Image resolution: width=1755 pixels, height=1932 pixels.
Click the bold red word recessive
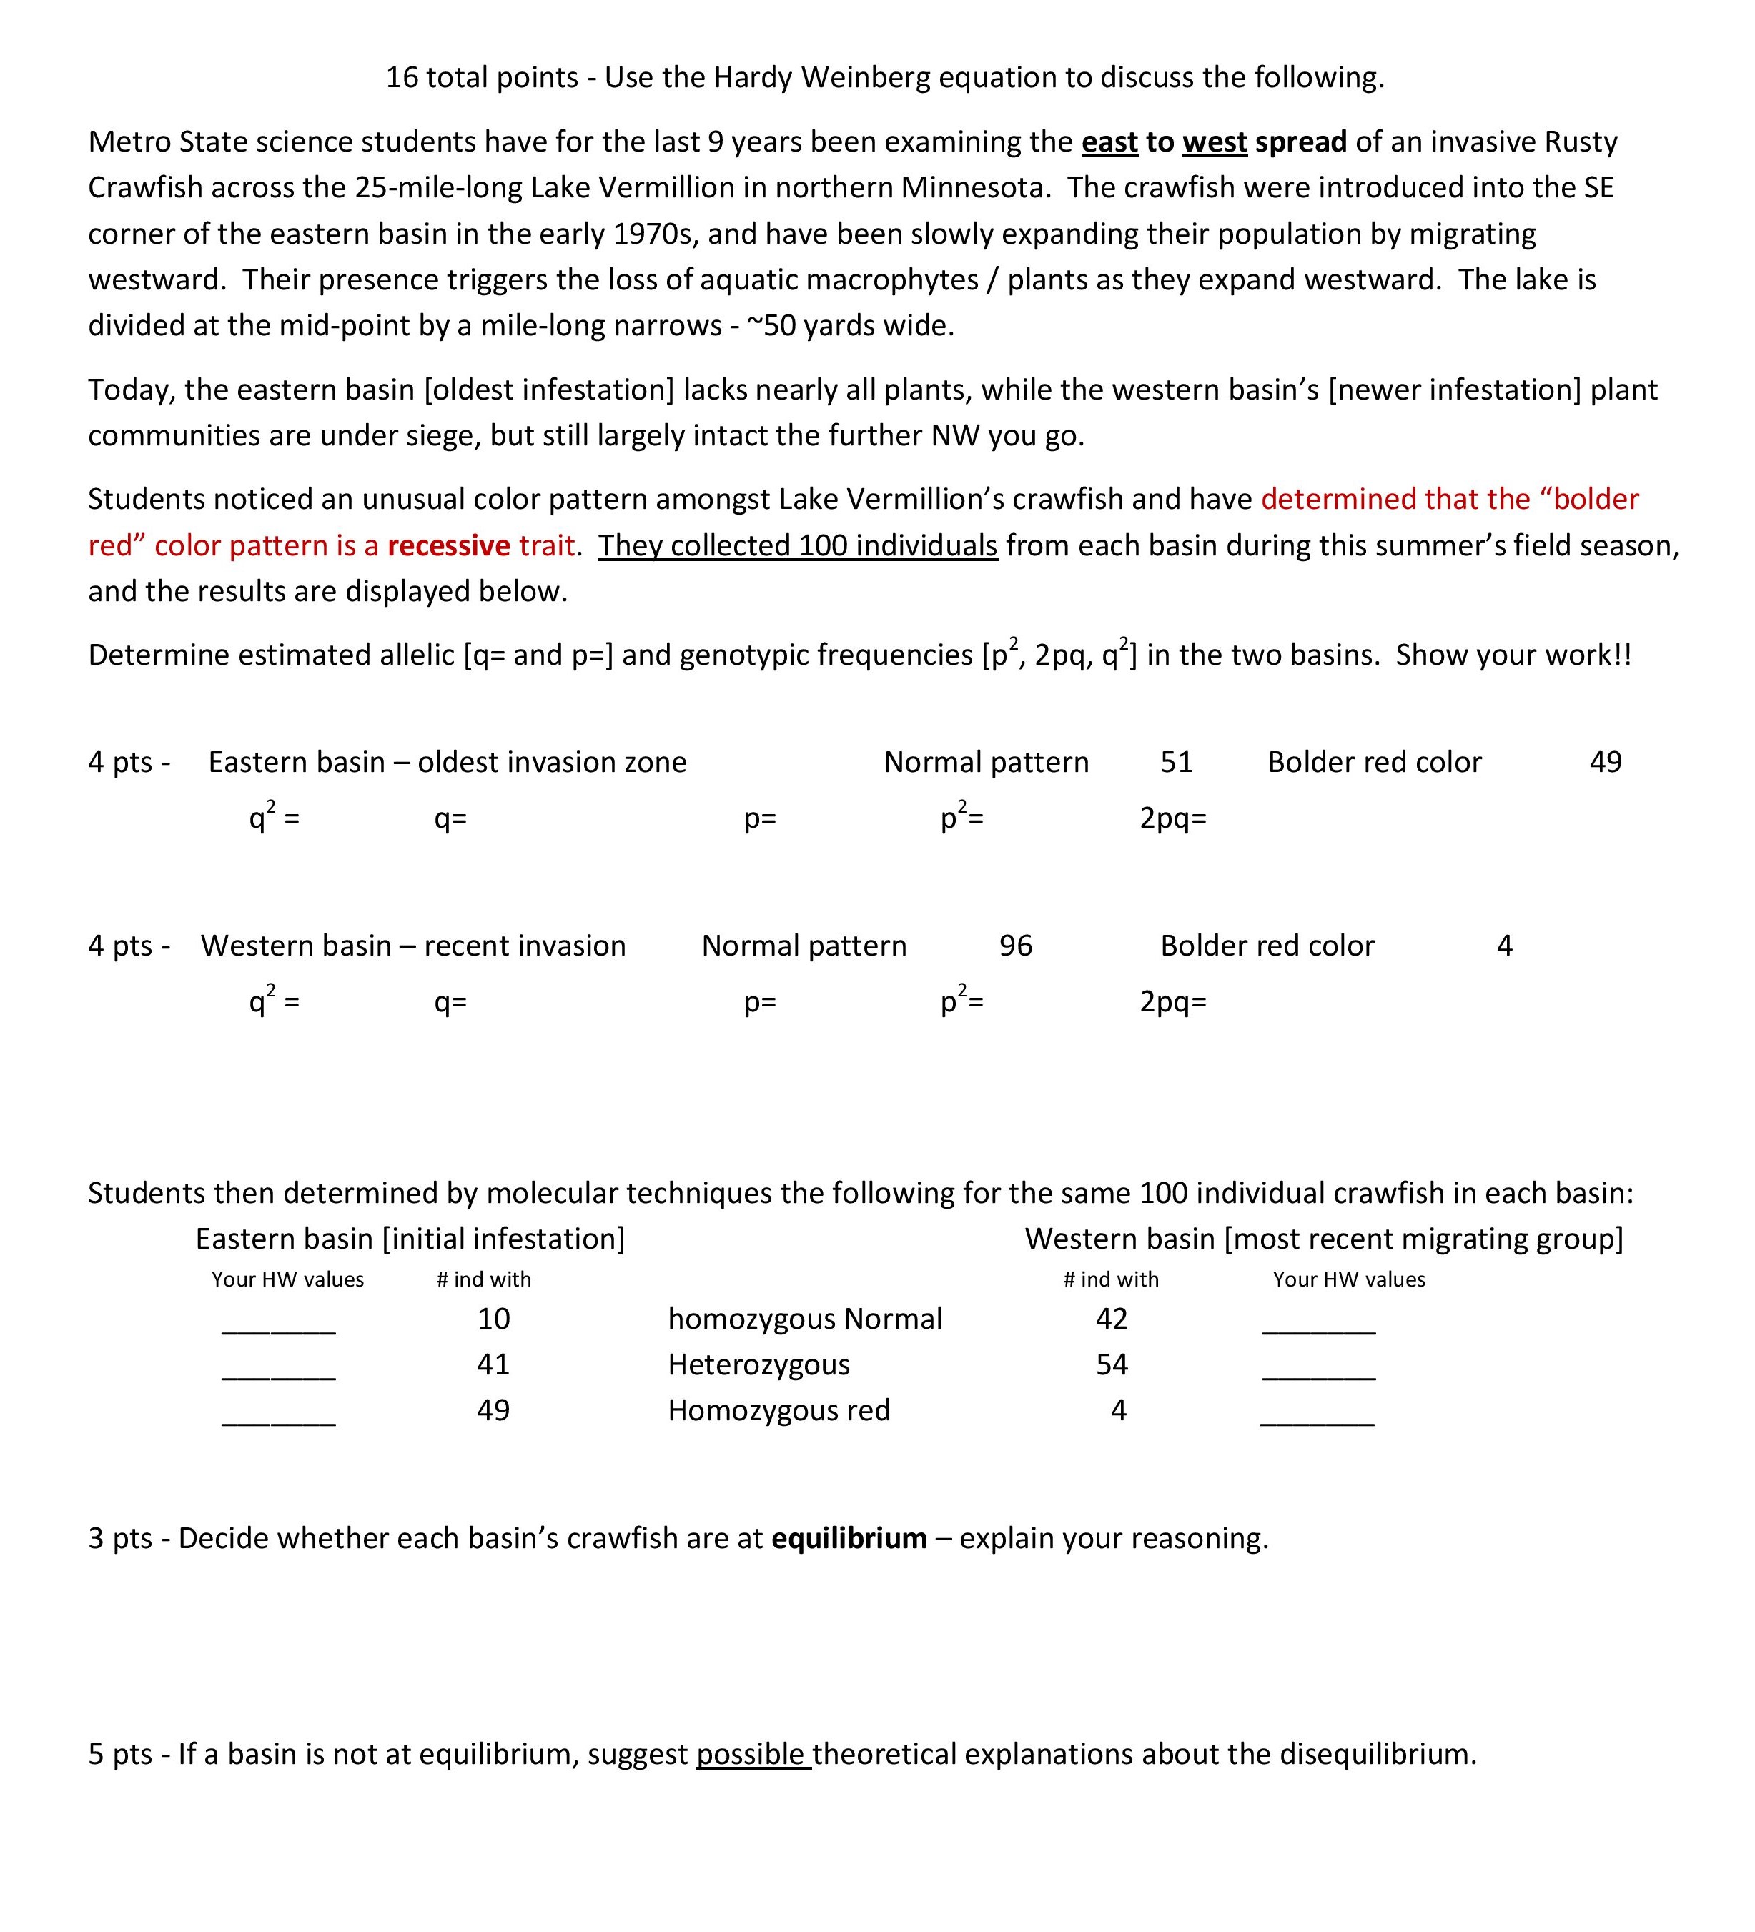448,545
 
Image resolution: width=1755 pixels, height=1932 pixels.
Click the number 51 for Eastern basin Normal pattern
1176,762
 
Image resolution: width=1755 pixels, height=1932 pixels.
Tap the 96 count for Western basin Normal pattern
1015,946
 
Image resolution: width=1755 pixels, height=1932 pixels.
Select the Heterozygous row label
758,1364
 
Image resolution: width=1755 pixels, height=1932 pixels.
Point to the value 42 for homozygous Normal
1111,1319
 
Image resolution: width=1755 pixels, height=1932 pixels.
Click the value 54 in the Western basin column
1111,1364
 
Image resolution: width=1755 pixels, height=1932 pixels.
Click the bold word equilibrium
849,1538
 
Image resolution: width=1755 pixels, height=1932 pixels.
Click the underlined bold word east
1109,142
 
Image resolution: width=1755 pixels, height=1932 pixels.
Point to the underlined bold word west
1215,142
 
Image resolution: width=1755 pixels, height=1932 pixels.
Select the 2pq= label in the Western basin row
1172,1002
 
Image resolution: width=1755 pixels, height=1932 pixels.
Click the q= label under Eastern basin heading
450,819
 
